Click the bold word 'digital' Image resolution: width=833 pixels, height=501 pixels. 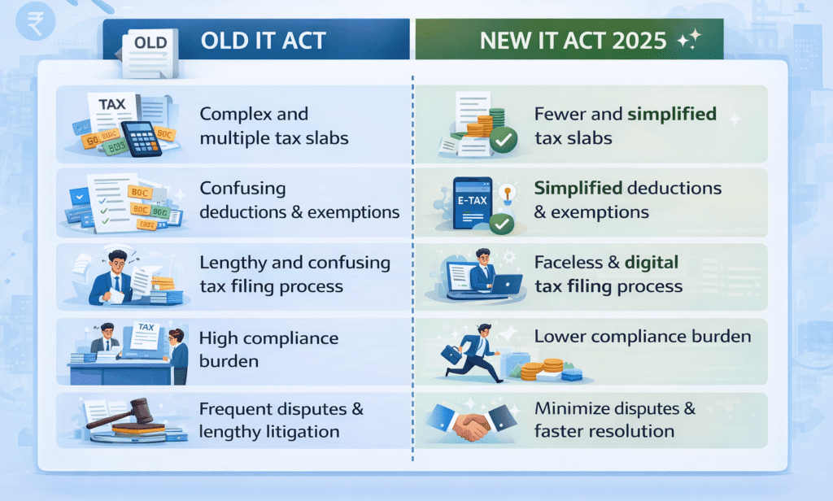652,263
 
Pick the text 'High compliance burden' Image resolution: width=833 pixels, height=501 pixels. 268,348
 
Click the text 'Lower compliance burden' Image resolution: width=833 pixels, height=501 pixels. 642,336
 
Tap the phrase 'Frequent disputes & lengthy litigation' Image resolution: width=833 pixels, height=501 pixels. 281,419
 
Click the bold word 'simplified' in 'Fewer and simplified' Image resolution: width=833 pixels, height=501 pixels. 671,115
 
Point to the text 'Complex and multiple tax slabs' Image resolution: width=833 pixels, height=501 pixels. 273,126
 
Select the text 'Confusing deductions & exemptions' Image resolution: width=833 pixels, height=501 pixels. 299,200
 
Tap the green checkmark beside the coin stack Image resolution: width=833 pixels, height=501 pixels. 504,142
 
